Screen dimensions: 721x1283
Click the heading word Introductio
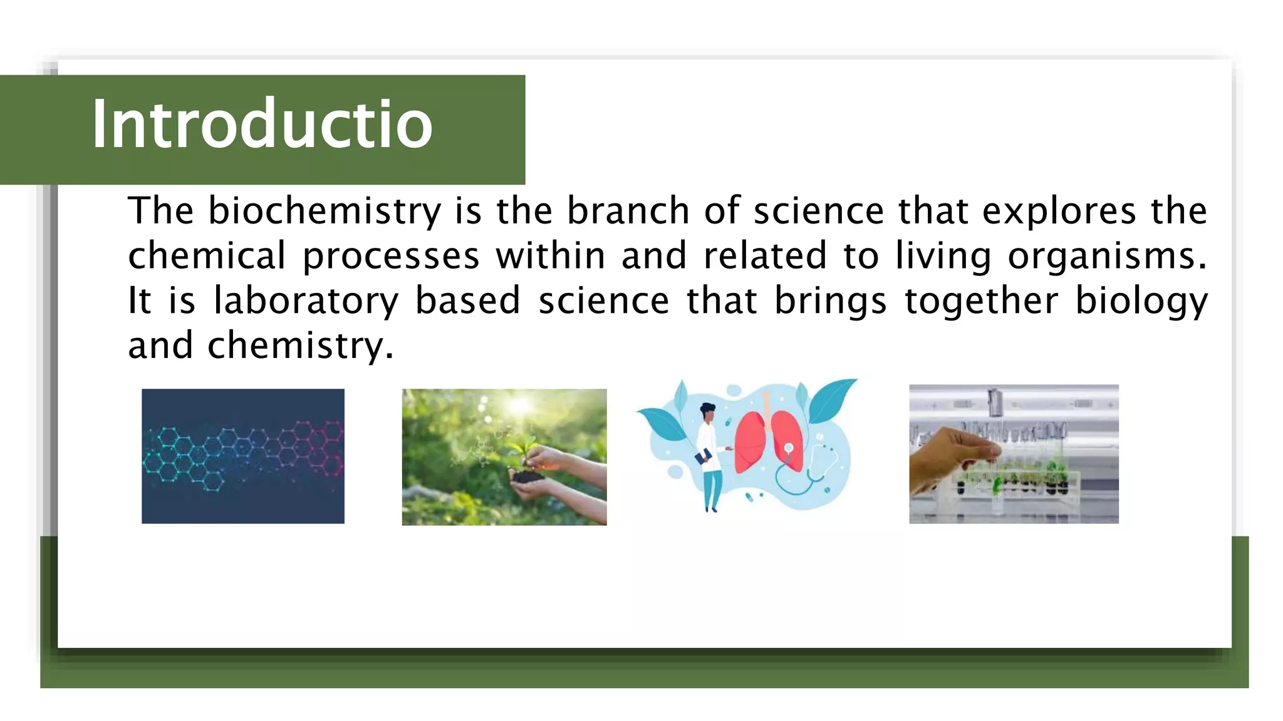pyautogui.click(x=262, y=125)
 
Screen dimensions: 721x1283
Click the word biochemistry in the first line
pyautogui.click(x=325, y=211)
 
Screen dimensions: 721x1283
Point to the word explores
pyautogui.click(x=1059, y=211)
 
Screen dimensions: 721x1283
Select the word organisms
pyautogui.click(x=1106, y=256)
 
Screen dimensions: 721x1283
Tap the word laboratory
pyautogui.click(x=306, y=301)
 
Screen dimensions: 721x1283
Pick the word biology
pyautogui.click(x=1141, y=301)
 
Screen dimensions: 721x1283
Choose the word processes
pyautogui.click(x=391, y=256)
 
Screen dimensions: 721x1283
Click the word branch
pyautogui.click(x=628, y=211)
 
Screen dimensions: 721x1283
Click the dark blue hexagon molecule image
pyautogui.click(x=243, y=456)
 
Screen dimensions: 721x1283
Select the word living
pyautogui.click(x=943, y=256)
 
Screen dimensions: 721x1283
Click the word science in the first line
pyautogui.click(x=818, y=211)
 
